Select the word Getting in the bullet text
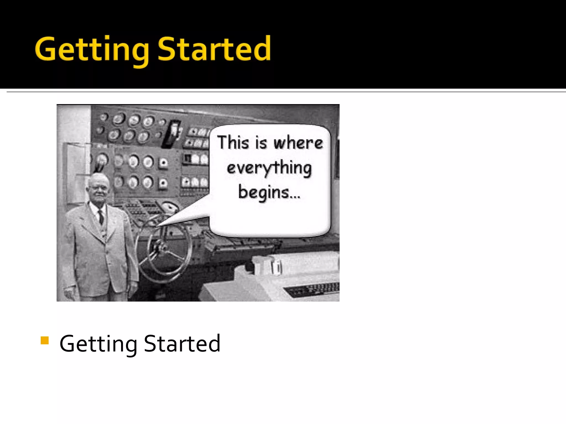click(x=98, y=344)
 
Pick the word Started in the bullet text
click(x=182, y=343)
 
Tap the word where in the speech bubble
click(x=298, y=143)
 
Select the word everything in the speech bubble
click(x=269, y=168)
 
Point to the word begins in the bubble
click(x=264, y=193)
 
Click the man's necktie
click(x=101, y=217)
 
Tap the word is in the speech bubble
click(x=261, y=143)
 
